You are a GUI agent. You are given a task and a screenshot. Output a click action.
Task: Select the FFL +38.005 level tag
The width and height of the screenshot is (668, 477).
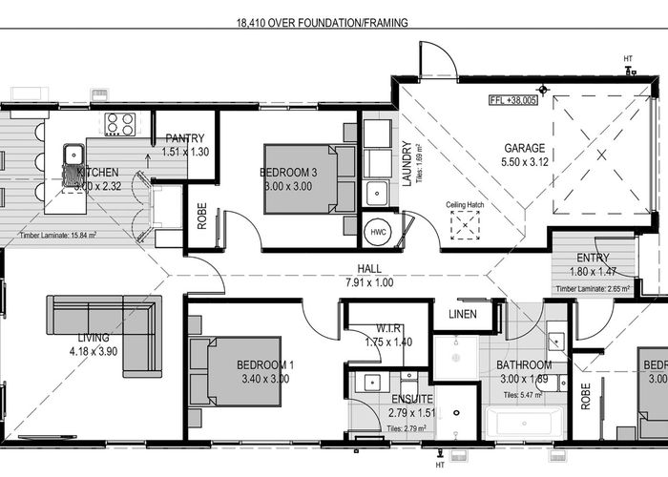pos(513,100)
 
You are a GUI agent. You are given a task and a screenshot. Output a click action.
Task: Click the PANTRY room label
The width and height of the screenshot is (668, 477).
pos(185,138)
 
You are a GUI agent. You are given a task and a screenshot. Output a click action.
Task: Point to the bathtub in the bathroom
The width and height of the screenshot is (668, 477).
pos(525,422)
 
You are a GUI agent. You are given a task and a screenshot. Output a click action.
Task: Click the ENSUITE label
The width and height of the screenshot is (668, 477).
pos(411,399)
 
